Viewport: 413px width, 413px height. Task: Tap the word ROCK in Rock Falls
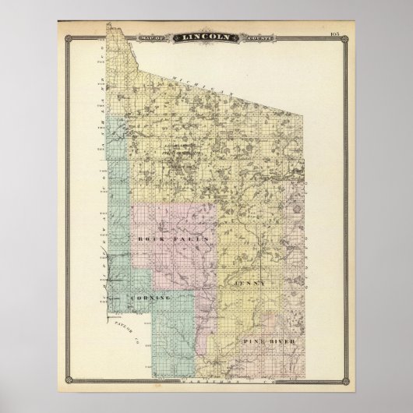pyautogui.click(x=149, y=238)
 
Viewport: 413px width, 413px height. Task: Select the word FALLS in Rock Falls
pyautogui.click(x=177, y=238)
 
